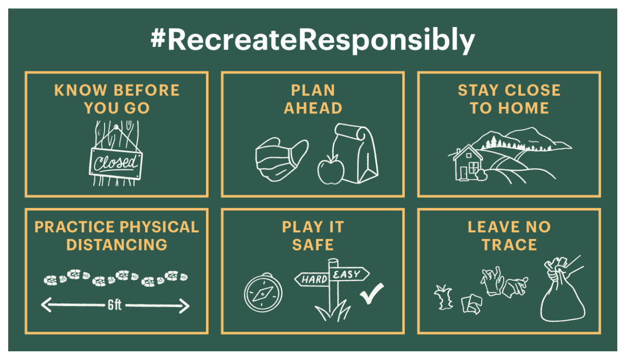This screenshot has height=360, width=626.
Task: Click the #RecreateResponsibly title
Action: pos(313,41)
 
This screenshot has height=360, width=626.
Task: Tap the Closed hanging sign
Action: pos(116,164)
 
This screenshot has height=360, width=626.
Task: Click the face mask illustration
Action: pos(282,159)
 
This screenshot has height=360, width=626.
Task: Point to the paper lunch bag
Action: pos(356,153)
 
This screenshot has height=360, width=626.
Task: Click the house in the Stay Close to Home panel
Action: pos(467,163)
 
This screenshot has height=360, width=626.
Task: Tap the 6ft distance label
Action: pos(115,305)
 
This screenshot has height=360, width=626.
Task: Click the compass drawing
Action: pos(263,292)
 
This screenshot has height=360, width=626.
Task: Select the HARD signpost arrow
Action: pos(312,279)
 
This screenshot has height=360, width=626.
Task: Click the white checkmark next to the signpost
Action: pos(372,293)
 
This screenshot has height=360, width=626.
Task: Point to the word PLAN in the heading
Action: pos(313,90)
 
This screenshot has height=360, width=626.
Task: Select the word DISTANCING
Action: pos(117,245)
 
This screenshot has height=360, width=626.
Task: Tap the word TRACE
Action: pos(509,245)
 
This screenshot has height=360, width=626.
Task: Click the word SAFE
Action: pos(313,245)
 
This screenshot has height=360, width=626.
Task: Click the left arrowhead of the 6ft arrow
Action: pos(46,305)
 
